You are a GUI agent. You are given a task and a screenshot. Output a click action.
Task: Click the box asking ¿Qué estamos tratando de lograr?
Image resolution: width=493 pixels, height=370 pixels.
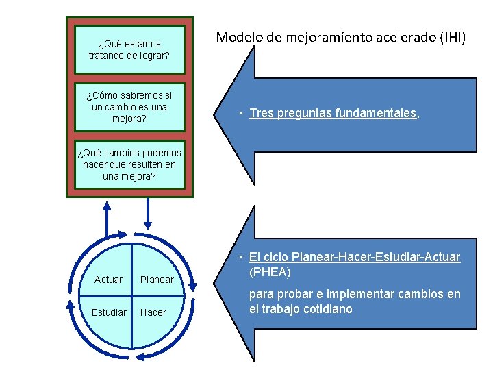click(x=129, y=49)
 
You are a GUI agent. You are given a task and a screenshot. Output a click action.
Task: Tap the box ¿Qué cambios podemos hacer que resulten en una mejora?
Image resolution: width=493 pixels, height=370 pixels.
click(x=129, y=165)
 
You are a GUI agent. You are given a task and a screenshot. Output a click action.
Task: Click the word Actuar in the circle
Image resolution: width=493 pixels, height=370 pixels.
click(x=108, y=280)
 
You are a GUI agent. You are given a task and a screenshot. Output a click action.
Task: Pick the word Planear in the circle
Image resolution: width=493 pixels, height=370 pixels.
click(x=157, y=280)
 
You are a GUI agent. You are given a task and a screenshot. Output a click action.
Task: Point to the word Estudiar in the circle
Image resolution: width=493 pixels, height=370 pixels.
click(x=109, y=312)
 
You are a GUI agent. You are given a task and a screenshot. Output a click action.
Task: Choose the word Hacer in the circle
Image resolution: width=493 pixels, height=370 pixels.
click(x=153, y=312)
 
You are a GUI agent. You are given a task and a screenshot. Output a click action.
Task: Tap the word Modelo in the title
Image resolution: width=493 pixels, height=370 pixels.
click(x=236, y=38)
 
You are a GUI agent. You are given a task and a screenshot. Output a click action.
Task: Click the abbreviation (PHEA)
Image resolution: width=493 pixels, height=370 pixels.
click(x=270, y=273)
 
